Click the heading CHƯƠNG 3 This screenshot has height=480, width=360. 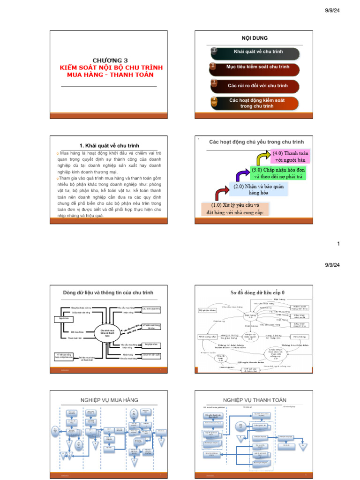(x=110, y=60)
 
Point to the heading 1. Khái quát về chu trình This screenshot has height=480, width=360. (x=110, y=146)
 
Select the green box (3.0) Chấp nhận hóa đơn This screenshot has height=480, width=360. (x=278, y=173)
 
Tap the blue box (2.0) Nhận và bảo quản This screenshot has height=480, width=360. (x=258, y=189)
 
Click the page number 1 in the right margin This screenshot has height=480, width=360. (x=338, y=244)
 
